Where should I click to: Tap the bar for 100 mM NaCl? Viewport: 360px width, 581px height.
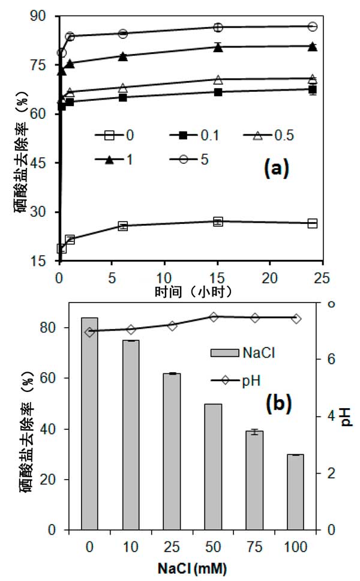[x=295, y=492]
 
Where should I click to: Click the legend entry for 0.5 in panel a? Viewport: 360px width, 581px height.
[x=263, y=136]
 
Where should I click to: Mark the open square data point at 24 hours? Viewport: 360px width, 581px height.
[x=312, y=223]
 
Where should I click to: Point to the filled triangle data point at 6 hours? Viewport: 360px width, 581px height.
[x=123, y=56]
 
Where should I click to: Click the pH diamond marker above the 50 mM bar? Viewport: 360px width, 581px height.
[x=213, y=317]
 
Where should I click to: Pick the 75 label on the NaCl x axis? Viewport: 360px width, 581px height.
[x=254, y=547]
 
